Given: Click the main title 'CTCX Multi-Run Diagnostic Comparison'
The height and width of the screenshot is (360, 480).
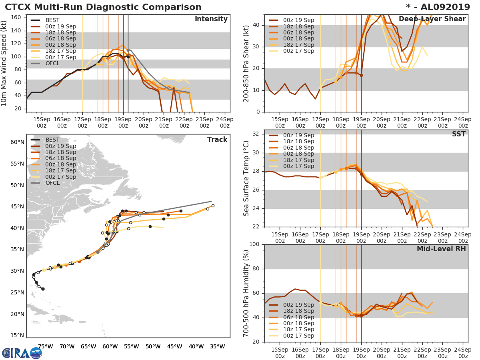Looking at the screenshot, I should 103,7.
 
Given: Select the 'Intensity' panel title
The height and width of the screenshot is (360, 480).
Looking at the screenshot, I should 211,19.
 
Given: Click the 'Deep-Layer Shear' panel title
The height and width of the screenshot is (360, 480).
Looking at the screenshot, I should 432,19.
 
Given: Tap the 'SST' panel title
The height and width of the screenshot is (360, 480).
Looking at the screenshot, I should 459,134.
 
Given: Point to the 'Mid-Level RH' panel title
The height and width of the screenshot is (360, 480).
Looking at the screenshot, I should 441,249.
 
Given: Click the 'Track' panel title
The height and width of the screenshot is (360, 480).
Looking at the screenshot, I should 217,140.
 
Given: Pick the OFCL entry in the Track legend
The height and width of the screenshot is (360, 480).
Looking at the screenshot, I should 53,183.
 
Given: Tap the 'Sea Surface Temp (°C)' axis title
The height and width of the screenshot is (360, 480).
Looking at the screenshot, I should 246,178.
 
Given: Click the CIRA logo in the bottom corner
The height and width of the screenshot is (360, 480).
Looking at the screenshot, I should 22,353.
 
